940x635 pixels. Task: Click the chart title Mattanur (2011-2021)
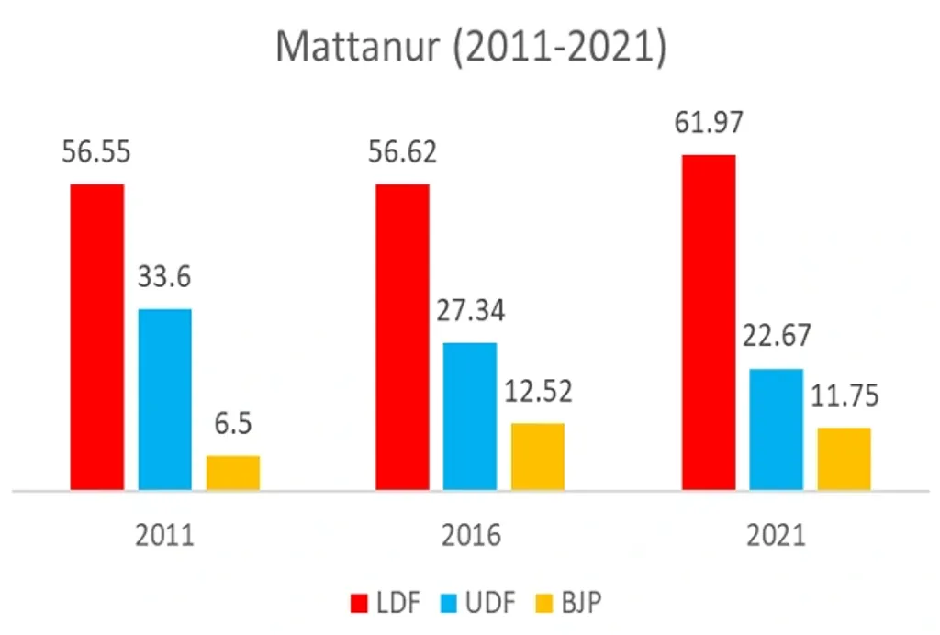470,47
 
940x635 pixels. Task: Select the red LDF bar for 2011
96,337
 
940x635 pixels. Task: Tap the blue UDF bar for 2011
165,399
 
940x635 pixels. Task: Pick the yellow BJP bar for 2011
233,473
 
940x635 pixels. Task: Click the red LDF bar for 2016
402,337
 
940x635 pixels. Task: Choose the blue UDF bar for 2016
470,416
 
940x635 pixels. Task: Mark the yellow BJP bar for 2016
538,456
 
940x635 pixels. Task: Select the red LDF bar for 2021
708,322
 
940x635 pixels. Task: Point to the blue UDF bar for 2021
776,429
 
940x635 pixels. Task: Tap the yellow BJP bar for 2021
844,458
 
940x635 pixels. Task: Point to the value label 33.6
165,275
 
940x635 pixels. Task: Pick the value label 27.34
470,309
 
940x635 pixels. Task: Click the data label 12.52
538,391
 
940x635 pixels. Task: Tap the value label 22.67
776,336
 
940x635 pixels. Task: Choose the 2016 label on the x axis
470,535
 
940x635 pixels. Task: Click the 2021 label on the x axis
776,535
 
